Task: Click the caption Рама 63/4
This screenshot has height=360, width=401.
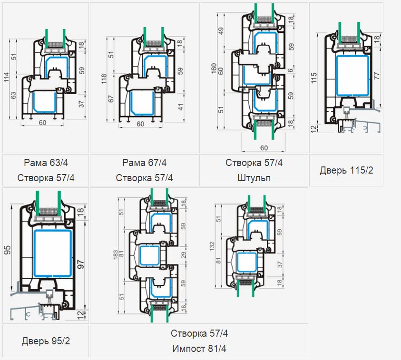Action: tap(46, 163)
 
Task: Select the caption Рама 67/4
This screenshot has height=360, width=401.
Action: tap(145, 163)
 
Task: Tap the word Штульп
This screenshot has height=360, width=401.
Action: tap(254, 178)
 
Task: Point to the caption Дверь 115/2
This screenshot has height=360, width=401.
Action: tap(346, 170)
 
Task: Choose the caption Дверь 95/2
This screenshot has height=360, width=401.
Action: tap(46, 341)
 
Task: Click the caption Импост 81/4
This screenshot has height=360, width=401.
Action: tap(199, 349)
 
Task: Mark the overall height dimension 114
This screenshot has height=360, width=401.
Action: tap(6, 77)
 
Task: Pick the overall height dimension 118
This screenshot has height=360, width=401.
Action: tap(104, 79)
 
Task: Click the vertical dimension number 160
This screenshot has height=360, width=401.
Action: tap(214, 68)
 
